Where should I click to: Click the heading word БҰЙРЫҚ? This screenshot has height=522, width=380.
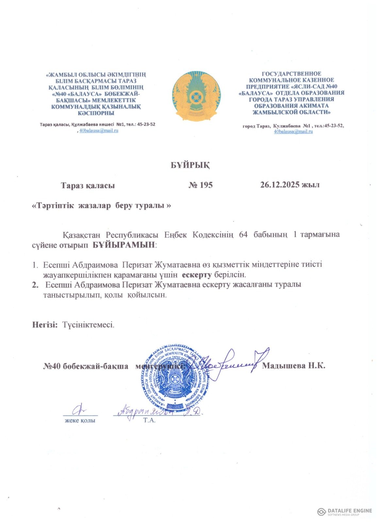(190, 165)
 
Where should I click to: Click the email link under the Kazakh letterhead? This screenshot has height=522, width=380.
(99, 130)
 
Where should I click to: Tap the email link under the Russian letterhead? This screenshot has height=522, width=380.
(293, 131)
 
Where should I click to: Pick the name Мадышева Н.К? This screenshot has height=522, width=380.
(293, 365)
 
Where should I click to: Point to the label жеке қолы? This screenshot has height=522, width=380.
(80, 421)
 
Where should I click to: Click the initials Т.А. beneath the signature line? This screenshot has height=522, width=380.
(149, 420)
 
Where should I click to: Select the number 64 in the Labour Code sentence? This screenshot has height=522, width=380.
(243, 235)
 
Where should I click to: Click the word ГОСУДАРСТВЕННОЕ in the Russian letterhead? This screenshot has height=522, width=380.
(291, 74)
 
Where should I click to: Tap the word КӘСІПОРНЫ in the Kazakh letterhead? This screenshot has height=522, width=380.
(96, 113)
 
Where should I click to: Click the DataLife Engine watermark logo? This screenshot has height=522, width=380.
(344, 511)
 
